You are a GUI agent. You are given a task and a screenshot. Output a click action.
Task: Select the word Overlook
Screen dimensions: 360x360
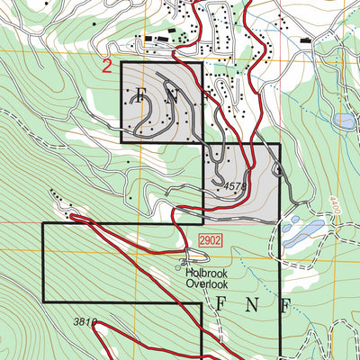[208, 284]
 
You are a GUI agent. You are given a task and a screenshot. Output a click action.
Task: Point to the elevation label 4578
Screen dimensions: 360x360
[235, 186]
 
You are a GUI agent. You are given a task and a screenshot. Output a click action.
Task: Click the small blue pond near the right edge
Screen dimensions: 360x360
[343, 120]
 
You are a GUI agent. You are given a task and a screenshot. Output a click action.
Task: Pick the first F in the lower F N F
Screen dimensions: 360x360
[219, 303]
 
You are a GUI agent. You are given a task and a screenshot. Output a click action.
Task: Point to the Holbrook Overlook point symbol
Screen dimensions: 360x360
[177, 266]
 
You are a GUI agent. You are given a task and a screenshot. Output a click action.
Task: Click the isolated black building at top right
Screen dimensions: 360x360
[305, 40]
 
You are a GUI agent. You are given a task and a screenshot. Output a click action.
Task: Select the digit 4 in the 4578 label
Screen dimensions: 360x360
[227, 186]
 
